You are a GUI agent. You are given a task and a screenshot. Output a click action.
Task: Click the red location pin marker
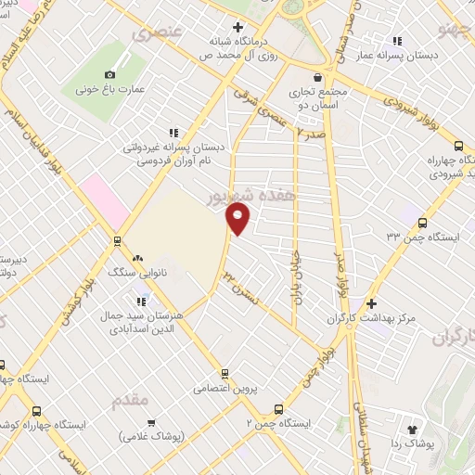coord(238,219)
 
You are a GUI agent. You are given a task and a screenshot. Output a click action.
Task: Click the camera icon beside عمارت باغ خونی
coord(110,73)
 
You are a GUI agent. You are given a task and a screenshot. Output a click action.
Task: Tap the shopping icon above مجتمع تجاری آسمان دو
coord(317,77)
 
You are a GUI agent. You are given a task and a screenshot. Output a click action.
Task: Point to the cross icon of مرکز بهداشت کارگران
coord(371,303)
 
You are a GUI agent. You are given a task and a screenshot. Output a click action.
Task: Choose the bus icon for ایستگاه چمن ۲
coord(278,407)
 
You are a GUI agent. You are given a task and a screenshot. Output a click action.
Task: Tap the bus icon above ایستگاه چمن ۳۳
coord(423,223)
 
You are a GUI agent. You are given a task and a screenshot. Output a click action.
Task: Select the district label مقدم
coord(130,401)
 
